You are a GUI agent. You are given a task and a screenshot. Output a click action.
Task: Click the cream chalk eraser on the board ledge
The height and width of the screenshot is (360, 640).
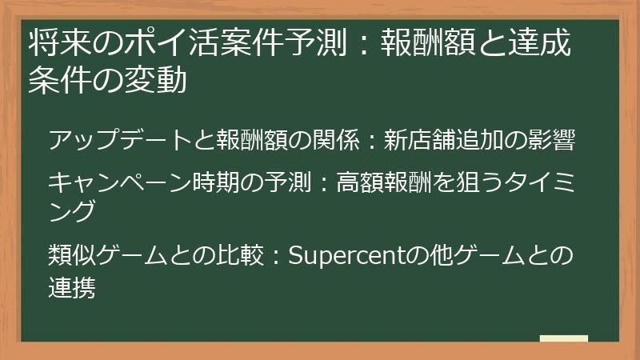[563, 338]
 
